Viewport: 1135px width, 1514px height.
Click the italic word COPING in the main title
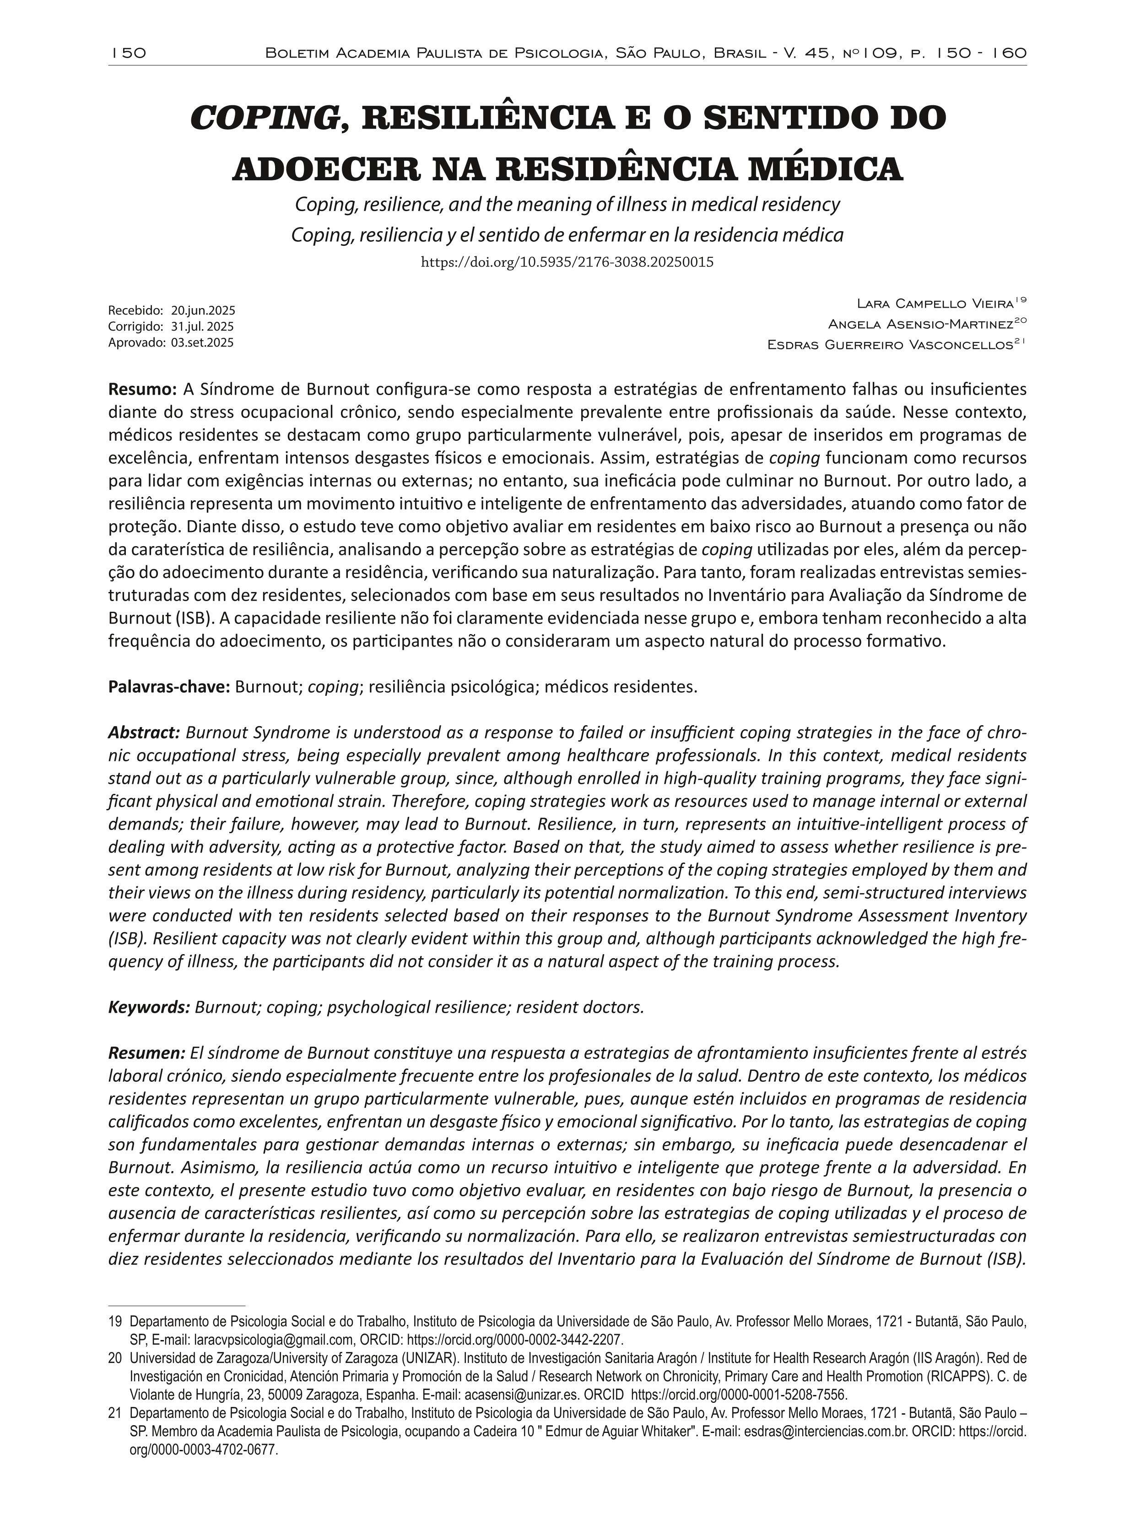click(x=263, y=119)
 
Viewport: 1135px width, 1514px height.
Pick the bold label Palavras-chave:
click(x=169, y=687)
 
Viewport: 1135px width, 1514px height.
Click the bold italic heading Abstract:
click(x=144, y=733)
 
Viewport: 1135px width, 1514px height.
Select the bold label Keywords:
click(x=148, y=1007)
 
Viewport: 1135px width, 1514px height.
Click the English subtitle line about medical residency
click(x=567, y=205)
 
